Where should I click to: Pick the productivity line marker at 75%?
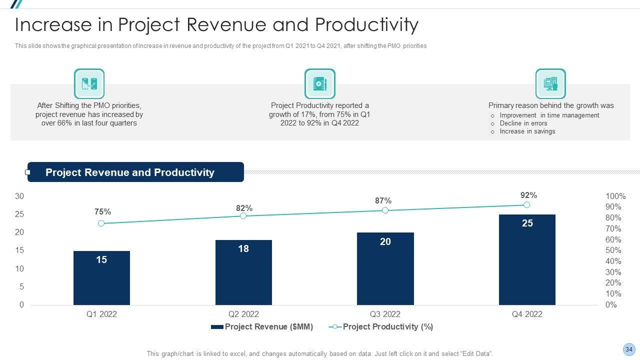pyautogui.click(x=101, y=223)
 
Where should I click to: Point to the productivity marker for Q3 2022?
pyautogui.click(x=385, y=210)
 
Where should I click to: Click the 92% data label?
pyautogui.click(x=528, y=195)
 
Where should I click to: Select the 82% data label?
pyautogui.click(x=244, y=208)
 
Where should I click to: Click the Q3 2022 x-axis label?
pyautogui.click(x=385, y=314)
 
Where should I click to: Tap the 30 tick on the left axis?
pyautogui.click(x=19, y=196)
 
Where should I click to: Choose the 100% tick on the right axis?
pyautogui.click(x=615, y=196)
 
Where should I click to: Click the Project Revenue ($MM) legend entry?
pyautogui.click(x=262, y=327)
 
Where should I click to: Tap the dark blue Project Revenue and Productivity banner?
pyautogui.click(x=135, y=172)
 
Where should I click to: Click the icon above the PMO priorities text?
pyautogui.click(x=89, y=84)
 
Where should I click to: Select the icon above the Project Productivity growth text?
pyautogui.click(x=319, y=84)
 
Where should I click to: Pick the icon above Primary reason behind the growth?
pyautogui.click(x=550, y=84)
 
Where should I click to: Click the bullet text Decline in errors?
pyautogui.click(x=523, y=123)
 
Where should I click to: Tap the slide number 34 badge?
pyautogui.click(x=629, y=349)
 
